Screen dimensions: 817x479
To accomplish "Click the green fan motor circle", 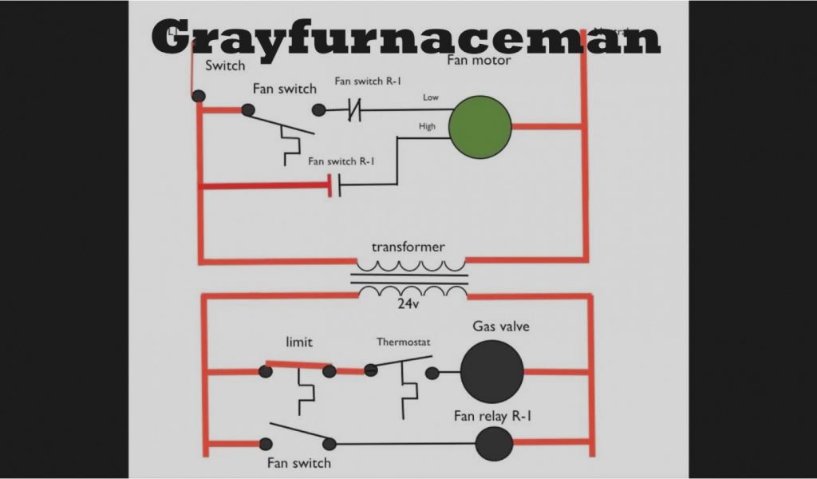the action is click(480, 126).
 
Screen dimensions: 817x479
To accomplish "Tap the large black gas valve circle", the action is click(491, 371).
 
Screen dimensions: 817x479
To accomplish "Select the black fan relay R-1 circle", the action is click(494, 444).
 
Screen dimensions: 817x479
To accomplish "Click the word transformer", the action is click(408, 247).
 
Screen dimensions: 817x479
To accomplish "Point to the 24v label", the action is click(408, 304).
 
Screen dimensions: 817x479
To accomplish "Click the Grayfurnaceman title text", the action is click(406, 37).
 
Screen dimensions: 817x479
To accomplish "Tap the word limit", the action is click(299, 342).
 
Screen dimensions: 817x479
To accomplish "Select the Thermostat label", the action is click(404, 342).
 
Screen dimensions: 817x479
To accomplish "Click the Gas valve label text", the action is click(501, 327).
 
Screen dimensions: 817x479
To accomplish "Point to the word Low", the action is click(431, 97).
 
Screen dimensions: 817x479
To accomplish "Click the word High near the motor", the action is click(428, 126).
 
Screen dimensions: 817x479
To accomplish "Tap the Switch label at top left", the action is click(225, 65).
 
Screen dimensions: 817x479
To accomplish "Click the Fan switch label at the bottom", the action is click(298, 462).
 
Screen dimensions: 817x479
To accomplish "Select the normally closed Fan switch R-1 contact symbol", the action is click(353, 111).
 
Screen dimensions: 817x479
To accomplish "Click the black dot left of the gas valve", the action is click(432, 373).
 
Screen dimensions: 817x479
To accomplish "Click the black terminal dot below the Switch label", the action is click(199, 96).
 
